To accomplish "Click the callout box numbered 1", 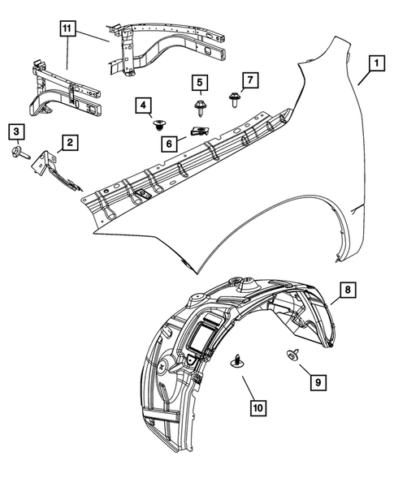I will click(375, 62).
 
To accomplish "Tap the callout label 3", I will click(17, 131).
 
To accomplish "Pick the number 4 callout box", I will click(144, 105).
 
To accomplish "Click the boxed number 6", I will click(170, 141).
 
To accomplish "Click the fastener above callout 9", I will click(291, 355).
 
